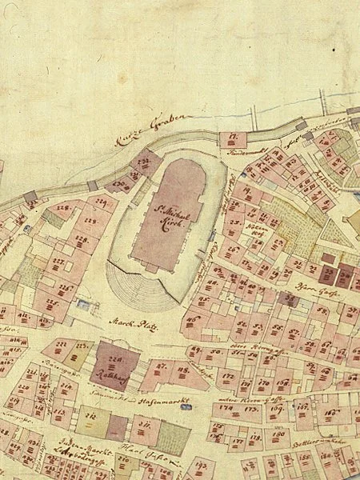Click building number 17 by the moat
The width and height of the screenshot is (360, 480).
[x=232, y=138]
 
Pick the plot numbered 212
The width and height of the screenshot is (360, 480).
[x=91, y=416]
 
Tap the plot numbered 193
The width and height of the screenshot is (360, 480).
[x=202, y=465]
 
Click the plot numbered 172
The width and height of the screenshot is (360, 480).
[x=228, y=373]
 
